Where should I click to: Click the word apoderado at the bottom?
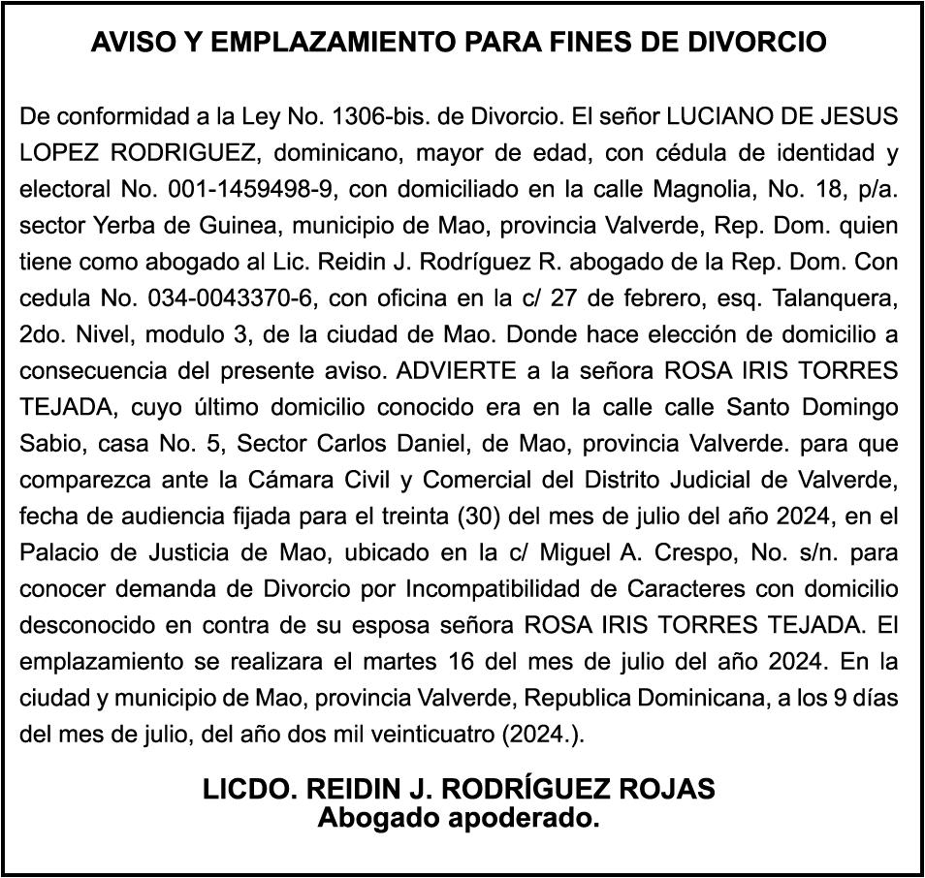click(522, 819)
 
